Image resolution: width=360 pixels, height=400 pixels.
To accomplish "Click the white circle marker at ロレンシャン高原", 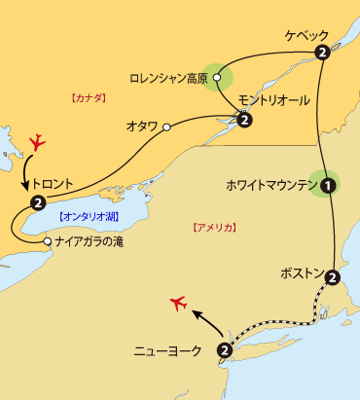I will (218, 76).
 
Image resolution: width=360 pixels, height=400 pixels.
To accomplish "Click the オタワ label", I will (144, 127).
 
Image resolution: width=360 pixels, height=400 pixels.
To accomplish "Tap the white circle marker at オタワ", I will (167, 127).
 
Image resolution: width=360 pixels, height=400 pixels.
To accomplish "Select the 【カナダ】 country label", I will (89, 97).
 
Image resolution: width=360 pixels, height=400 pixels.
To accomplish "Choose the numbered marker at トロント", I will (37, 202).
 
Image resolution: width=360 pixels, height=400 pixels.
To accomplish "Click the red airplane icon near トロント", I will (38, 142).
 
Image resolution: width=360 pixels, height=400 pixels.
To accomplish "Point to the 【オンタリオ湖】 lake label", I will (88, 216).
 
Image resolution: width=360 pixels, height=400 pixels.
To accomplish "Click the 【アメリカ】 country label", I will (213, 226).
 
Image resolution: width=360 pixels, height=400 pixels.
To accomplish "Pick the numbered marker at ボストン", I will (332, 277).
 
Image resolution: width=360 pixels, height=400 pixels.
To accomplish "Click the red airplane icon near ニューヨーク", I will (176, 303).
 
